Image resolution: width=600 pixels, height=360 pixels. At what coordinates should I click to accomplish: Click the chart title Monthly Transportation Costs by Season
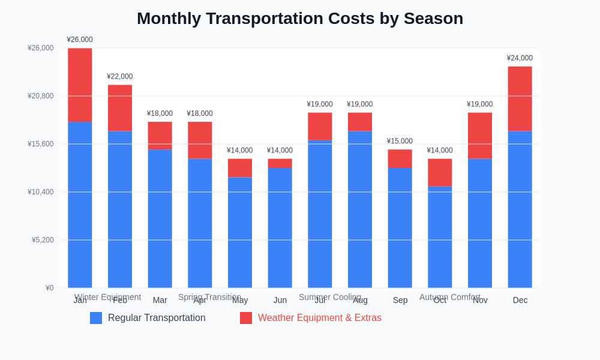[x=300, y=19]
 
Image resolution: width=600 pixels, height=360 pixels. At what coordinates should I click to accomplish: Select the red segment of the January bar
[x=80, y=85]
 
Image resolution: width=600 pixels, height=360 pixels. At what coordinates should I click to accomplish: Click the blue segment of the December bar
[x=520, y=209]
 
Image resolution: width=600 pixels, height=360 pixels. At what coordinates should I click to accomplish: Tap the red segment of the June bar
[x=280, y=163]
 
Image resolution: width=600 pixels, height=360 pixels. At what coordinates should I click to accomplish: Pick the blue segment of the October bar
[x=440, y=237]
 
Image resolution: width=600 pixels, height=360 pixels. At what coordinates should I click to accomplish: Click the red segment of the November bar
[x=480, y=136]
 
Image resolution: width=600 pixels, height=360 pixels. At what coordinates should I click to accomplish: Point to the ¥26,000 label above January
[x=80, y=40]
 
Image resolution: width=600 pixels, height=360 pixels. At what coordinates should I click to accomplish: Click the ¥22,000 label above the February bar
[x=120, y=77]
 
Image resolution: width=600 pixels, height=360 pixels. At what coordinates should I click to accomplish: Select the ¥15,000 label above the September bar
[x=400, y=141]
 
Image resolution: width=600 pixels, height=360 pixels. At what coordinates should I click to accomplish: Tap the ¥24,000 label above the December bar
[x=520, y=58]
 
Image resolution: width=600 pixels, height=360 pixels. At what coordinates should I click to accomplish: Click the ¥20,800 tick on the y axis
[x=40, y=96]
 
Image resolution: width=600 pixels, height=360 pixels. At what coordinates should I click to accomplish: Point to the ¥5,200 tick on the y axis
[x=43, y=240]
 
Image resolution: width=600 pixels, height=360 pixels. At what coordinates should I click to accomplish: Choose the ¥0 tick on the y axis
[x=49, y=288]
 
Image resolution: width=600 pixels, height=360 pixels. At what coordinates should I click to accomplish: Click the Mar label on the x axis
[x=160, y=300]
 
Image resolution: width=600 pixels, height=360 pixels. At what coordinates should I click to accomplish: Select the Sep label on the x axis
[x=400, y=300]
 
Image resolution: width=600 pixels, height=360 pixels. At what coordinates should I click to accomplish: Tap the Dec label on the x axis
[x=520, y=300]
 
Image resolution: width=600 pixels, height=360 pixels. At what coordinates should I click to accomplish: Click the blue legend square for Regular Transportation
[x=96, y=318]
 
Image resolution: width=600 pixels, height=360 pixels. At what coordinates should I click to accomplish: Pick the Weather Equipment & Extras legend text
[x=319, y=318]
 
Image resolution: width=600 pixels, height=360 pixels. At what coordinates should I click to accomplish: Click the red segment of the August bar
[x=360, y=122]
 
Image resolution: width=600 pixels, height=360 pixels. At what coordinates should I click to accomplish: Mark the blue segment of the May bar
[x=240, y=232]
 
